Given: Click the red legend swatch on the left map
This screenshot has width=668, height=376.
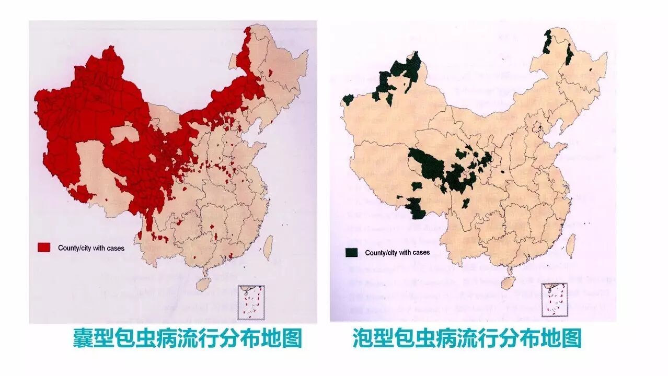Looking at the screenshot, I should (44, 248).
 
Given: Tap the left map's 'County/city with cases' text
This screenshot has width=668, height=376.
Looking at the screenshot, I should (91, 248).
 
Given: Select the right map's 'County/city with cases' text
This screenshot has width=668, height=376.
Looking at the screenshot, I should (397, 253).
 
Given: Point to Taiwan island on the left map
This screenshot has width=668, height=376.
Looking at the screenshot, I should (268, 248).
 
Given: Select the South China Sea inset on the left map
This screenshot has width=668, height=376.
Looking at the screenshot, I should (252, 302).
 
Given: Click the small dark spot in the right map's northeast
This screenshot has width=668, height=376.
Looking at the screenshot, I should (591, 69).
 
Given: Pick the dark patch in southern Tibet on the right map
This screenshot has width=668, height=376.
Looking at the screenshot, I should (416, 209).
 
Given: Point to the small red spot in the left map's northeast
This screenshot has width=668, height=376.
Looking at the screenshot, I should (270, 73).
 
